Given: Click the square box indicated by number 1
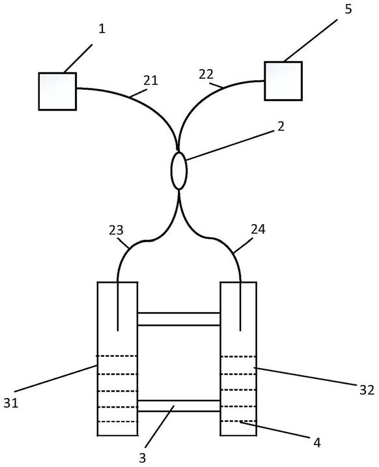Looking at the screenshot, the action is (57, 91).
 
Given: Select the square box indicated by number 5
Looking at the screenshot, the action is (283, 81).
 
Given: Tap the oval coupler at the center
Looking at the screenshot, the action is (179, 171).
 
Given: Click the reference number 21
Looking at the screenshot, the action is (150, 80).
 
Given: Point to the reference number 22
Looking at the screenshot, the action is (206, 74).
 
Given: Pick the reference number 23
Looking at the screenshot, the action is (116, 230).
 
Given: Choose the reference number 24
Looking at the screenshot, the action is (258, 229).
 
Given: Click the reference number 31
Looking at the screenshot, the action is (10, 403).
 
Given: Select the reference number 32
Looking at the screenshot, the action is (367, 389).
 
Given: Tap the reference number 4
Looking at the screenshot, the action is (317, 443).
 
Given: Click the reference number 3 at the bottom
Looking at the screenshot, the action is (143, 458).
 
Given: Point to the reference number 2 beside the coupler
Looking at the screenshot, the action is (281, 126).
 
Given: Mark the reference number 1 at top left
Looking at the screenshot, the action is (102, 29).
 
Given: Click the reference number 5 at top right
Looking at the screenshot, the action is (348, 9).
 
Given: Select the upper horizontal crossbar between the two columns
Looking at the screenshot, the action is (179, 319).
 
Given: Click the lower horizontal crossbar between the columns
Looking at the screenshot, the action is (179, 406).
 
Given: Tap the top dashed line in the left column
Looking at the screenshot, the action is (117, 356).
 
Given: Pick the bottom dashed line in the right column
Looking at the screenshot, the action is (238, 421).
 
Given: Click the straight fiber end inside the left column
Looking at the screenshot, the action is (118, 306).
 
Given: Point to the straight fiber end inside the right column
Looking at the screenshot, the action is (240, 306).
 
